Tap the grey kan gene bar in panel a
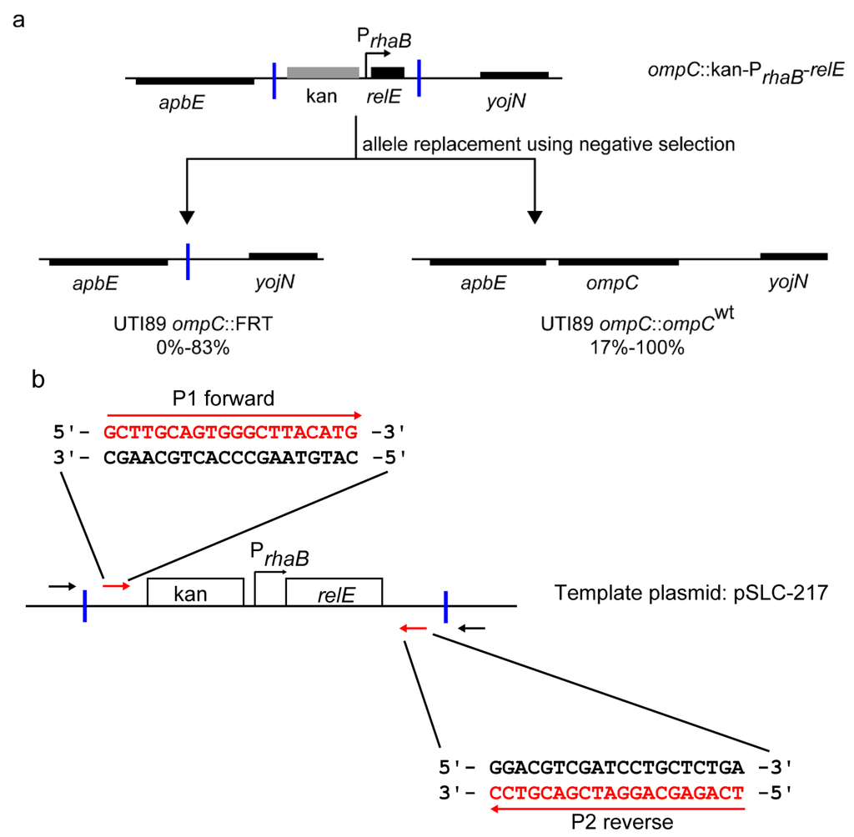[323, 73]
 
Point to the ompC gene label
[618, 283]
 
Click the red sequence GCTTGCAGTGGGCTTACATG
[230, 432]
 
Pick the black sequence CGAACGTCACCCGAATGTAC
[230, 456]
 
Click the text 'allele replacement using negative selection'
[547, 144]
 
